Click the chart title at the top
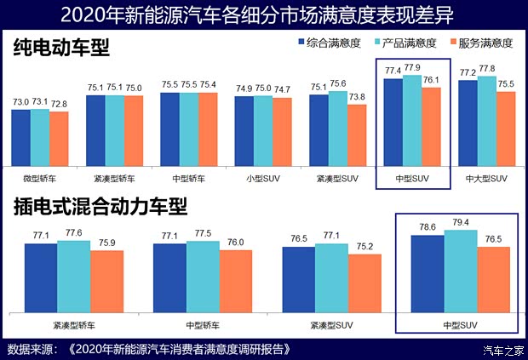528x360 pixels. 263,14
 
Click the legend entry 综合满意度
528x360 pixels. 325,42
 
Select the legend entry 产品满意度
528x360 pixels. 405,42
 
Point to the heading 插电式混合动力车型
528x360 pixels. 100,206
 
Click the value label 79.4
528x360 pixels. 461,223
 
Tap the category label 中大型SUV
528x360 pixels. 486,179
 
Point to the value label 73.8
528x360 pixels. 356,97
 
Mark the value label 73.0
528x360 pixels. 20,101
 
